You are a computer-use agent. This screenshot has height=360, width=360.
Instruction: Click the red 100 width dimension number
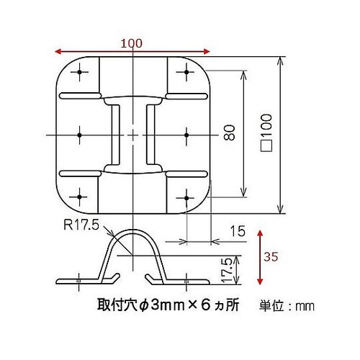coord(131,43)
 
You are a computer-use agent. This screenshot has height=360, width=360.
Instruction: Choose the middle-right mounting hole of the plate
coord(186,134)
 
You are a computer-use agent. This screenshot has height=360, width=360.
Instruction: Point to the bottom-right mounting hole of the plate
coord(186,197)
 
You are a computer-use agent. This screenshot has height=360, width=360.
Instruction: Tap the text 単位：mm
coord(287,306)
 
